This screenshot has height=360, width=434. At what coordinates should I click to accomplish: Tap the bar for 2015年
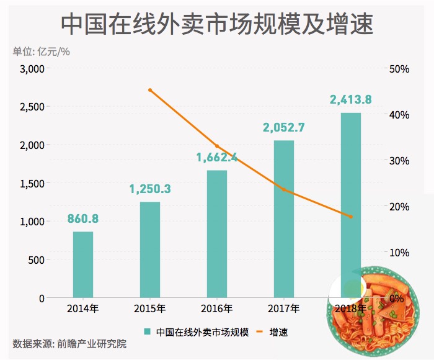pyautogui.click(x=150, y=250)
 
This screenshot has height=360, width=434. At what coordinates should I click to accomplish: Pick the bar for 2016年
pyautogui.click(x=217, y=234)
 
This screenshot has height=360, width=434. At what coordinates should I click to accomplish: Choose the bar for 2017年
pyautogui.click(x=284, y=219)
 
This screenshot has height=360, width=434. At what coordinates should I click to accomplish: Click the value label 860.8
pyautogui.click(x=83, y=218)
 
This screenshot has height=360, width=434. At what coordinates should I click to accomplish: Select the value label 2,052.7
pyautogui.click(x=284, y=128)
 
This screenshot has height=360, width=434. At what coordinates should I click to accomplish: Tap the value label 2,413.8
pyautogui.click(x=351, y=100)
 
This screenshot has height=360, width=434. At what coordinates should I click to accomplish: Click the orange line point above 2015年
pyautogui.click(x=150, y=90)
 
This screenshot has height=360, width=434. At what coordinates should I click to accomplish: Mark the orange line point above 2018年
pyautogui.click(x=351, y=217)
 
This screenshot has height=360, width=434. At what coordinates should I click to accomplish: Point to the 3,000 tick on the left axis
pyautogui.click(x=32, y=69)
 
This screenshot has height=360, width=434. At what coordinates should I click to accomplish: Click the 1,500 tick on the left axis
pyautogui.click(x=32, y=183)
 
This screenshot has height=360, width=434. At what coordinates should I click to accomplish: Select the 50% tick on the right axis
pyautogui.click(x=399, y=69)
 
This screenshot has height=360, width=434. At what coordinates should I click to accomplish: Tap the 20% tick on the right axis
pyautogui.click(x=399, y=206)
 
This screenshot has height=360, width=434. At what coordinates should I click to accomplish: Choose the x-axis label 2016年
pyautogui.click(x=217, y=308)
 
